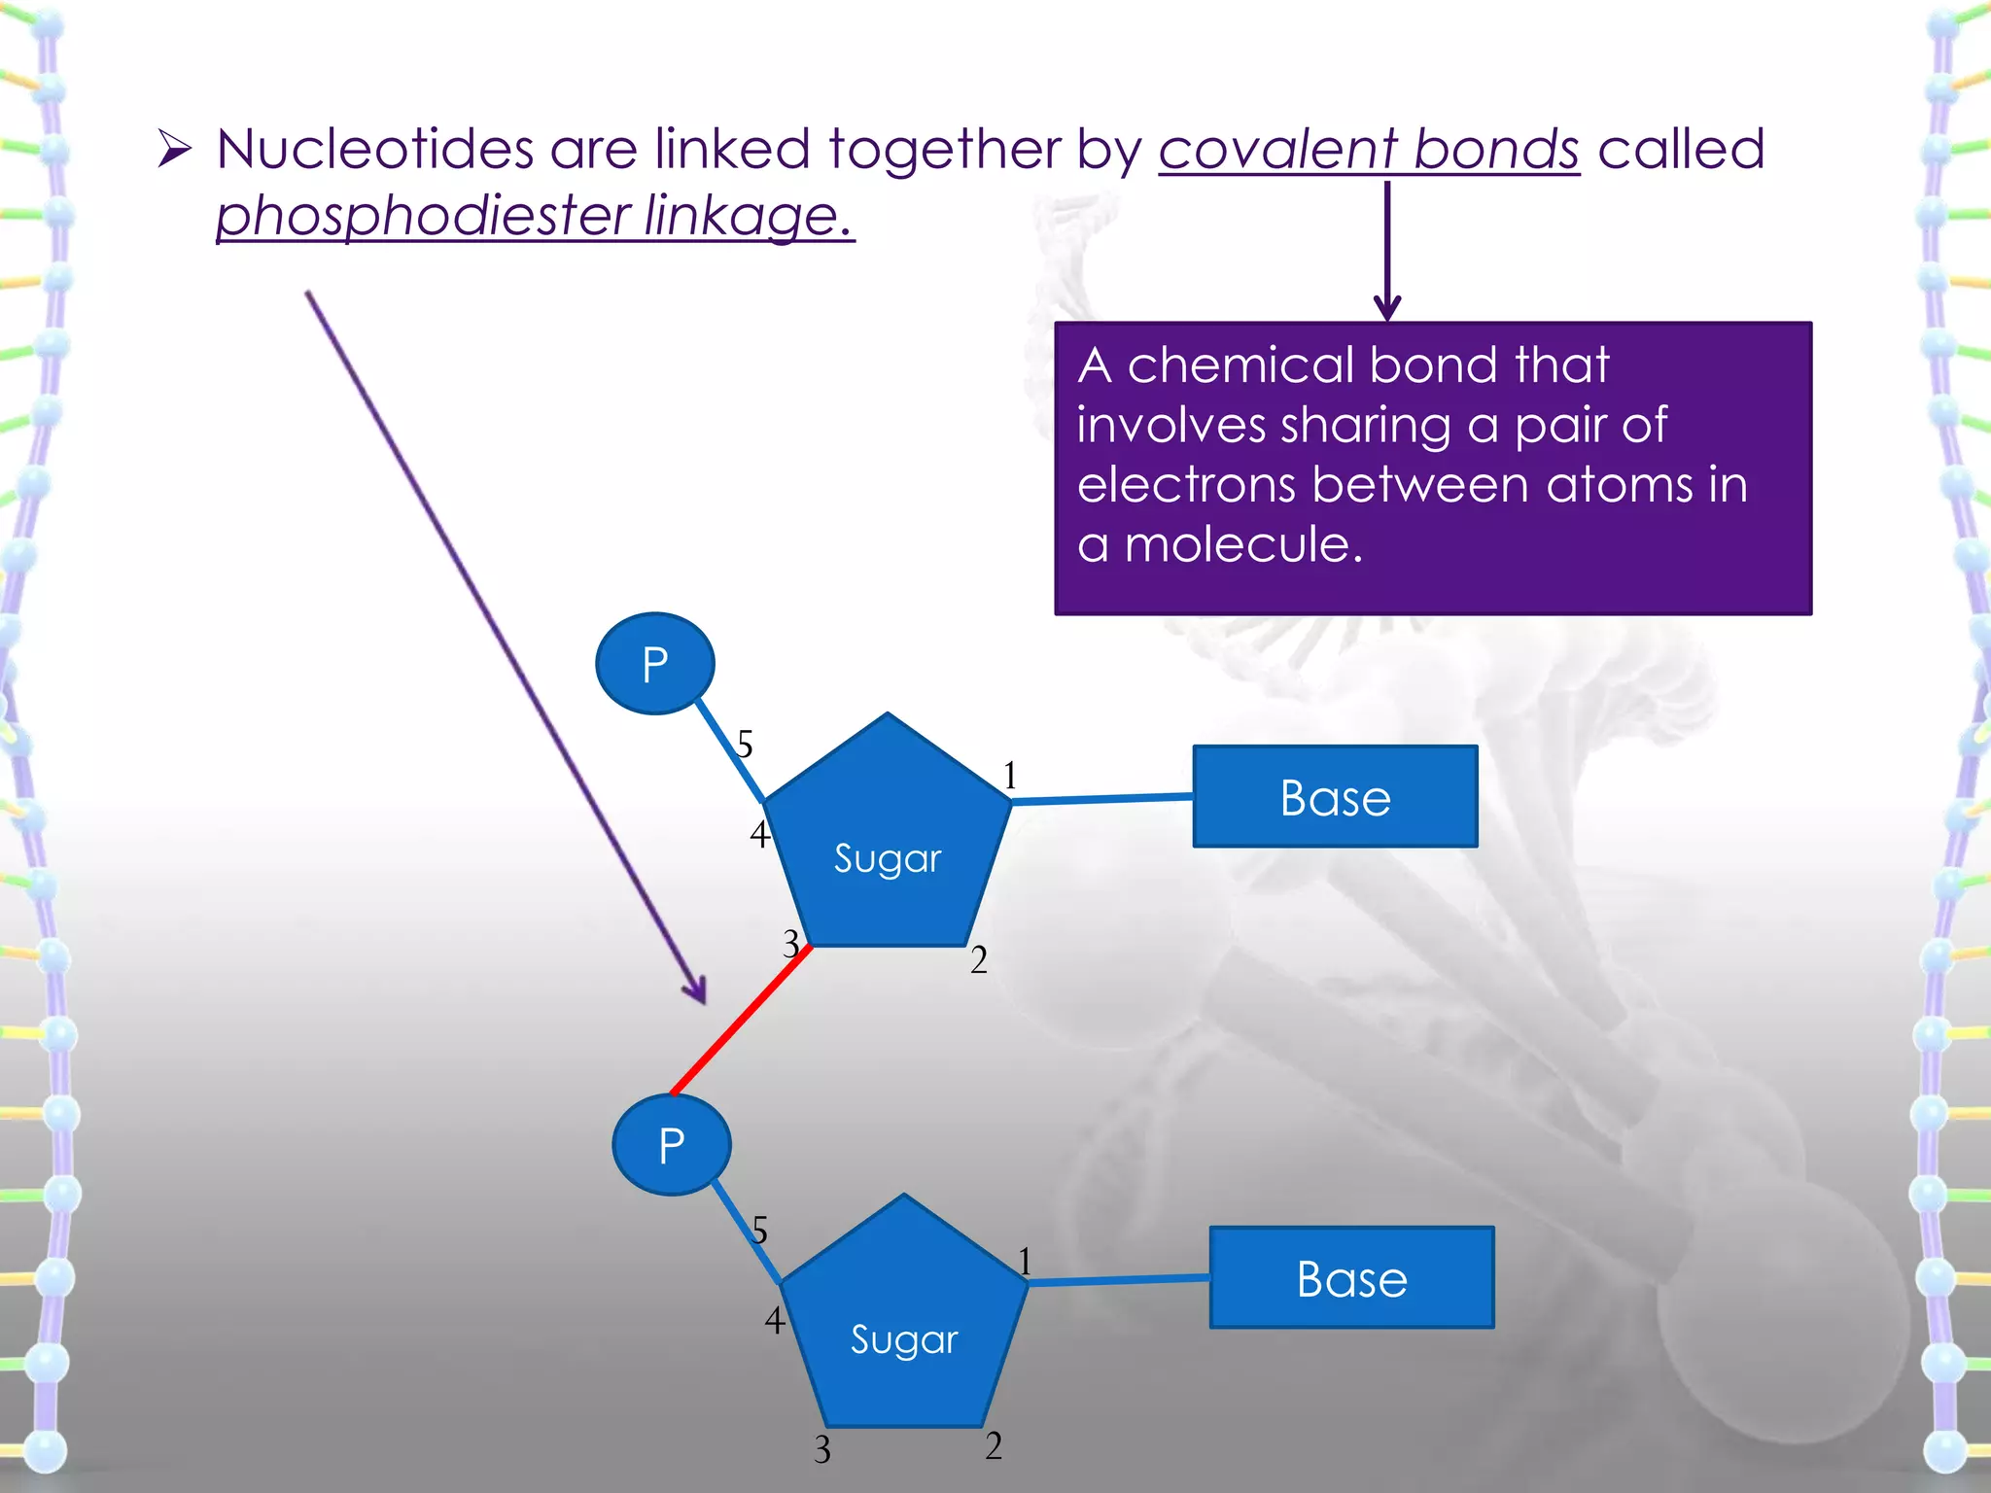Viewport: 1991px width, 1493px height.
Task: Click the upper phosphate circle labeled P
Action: point(654,664)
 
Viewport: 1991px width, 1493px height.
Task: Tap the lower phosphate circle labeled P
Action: point(671,1145)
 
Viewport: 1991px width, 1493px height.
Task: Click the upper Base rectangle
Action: point(1335,797)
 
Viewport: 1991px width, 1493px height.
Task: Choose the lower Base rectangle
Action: point(1351,1278)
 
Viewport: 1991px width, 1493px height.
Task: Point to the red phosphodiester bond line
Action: point(741,1020)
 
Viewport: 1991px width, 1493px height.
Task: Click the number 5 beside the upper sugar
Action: point(745,746)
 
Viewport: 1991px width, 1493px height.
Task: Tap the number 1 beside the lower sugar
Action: point(1025,1262)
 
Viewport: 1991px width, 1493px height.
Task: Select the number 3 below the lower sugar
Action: point(822,1450)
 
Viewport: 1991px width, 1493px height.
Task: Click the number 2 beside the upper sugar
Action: point(979,960)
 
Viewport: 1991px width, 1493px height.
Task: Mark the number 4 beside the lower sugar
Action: point(774,1320)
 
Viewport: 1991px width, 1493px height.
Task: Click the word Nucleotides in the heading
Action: point(375,150)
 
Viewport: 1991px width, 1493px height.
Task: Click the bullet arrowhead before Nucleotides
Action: point(175,150)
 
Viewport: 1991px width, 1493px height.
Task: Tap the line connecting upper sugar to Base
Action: point(1102,799)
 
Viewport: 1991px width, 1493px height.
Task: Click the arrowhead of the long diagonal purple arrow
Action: point(697,993)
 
